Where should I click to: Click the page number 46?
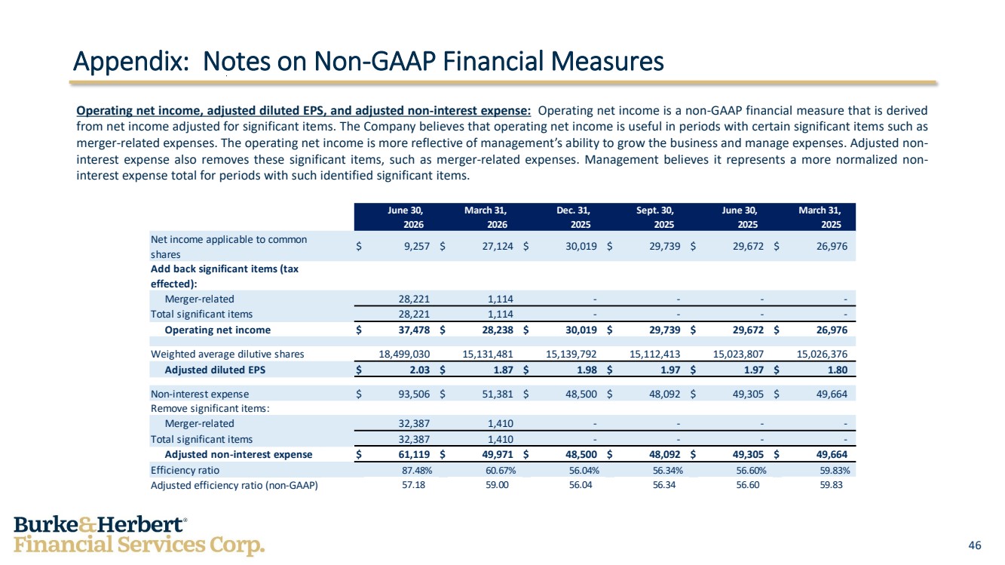tap(975, 545)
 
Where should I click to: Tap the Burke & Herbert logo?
tap(139, 536)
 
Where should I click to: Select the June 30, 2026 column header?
tap(406, 217)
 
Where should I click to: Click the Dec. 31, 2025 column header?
tap(574, 217)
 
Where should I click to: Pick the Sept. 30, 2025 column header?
tap(655, 217)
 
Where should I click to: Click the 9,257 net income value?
tap(417, 247)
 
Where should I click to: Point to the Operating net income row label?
tap(218, 330)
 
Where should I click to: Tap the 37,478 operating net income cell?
tap(414, 330)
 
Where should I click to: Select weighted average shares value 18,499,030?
tap(404, 354)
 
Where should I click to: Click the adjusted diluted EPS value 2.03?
tap(419, 370)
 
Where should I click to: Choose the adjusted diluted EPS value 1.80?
tap(837, 370)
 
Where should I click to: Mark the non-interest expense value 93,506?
tap(414, 394)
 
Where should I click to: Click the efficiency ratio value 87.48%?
tap(417, 470)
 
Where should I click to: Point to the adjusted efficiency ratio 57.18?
tap(413, 485)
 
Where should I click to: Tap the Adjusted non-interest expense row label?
tap(238, 454)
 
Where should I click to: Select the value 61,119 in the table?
tap(414, 454)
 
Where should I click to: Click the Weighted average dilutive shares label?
tap(227, 354)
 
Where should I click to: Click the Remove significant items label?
tap(210, 408)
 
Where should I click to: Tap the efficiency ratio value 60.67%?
tap(501, 470)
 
